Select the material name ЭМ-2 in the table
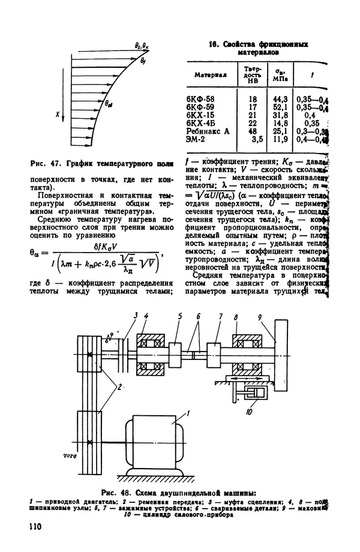pyautogui.click(x=199, y=139)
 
